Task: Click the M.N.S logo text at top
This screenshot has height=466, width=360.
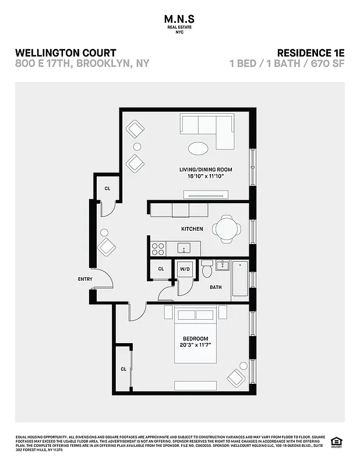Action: pyautogui.click(x=179, y=19)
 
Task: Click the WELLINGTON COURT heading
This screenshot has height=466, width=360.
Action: pyautogui.click(x=65, y=53)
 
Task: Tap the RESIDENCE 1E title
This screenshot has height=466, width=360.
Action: pyautogui.click(x=309, y=53)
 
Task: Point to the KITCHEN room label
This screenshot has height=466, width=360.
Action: pyautogui.click(x=192, y=229)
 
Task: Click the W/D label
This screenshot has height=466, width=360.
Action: pyautogui.click(x=185, y=270)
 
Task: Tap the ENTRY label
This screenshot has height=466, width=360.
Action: pyautogui.click(x=85, y=279)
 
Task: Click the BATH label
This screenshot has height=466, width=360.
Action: pyautogui.click(x=216, y=287)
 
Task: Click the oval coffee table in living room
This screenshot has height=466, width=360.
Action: pyautogui.click(x=199, y=147)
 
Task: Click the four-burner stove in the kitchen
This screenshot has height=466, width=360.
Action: pyautogui.click(x=158, y=249)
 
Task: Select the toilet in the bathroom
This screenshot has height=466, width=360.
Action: pyautogui.click(x=207, y=270)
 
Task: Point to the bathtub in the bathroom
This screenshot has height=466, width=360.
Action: pyautogui.click(x=239, y=280)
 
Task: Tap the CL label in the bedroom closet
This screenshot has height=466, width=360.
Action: pyautogui.click(x=123, y=369)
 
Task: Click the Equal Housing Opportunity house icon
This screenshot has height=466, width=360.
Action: pyautogui.click(x=336, y=441)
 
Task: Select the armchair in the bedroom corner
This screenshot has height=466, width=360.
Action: pyautogui.click(x=238, y=376)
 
